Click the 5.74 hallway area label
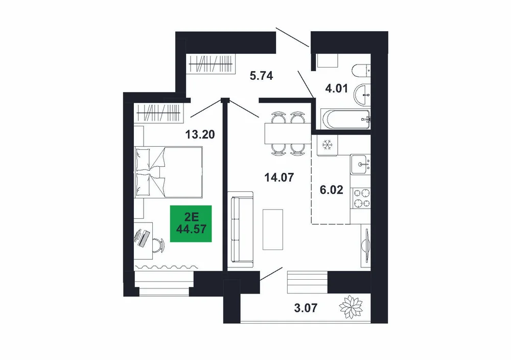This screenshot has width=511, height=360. (x=261, y=76)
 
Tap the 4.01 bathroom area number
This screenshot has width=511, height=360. (x=337, y=88)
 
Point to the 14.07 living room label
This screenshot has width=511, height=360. (x=279, y=177)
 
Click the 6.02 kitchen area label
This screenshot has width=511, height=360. (x=332, y=189)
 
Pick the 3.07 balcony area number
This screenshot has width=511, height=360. (x=306, y=307)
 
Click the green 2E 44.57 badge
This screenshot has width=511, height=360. (x=191, y=223)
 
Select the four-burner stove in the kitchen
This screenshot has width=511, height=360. (x=361, y=198)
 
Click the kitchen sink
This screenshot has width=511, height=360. (x=361, y=164)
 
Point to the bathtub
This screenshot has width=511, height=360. (x=345, y=119)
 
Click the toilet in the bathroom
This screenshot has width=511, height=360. (x=361, y=71)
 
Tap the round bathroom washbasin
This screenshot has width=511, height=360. (x=362, y=95)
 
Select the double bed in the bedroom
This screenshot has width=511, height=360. (x=169, y=172)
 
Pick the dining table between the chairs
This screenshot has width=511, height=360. (x=288, y=133)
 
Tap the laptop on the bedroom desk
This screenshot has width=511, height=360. (x=143, y=237)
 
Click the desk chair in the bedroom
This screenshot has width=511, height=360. (x=158, y=244)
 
